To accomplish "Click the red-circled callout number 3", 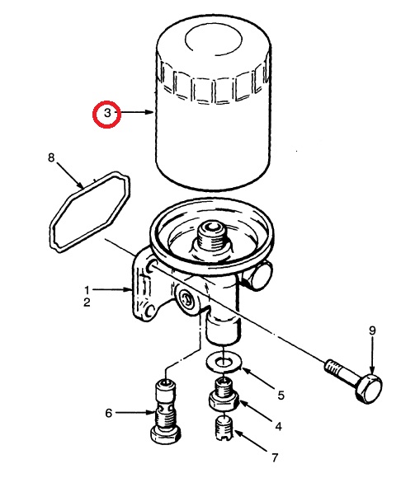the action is [x=107, y=113].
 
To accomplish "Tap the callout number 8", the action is [x=51, y=157].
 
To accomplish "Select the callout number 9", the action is [x=371, y=330].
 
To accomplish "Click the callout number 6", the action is [x=108, y=413].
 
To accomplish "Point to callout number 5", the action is [x=281, y=396].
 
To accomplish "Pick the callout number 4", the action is [x=278, y=426].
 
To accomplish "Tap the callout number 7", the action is [x=275, y=457].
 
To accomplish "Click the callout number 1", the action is [x=87, y=290].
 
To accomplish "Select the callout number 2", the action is [x=87, y=302].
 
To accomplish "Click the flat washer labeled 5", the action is [x=224, y=363].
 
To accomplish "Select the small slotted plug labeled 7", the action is [x=224, y=429].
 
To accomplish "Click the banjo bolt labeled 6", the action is [x=166, y=411].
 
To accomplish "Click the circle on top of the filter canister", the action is [x=214, y=40].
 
